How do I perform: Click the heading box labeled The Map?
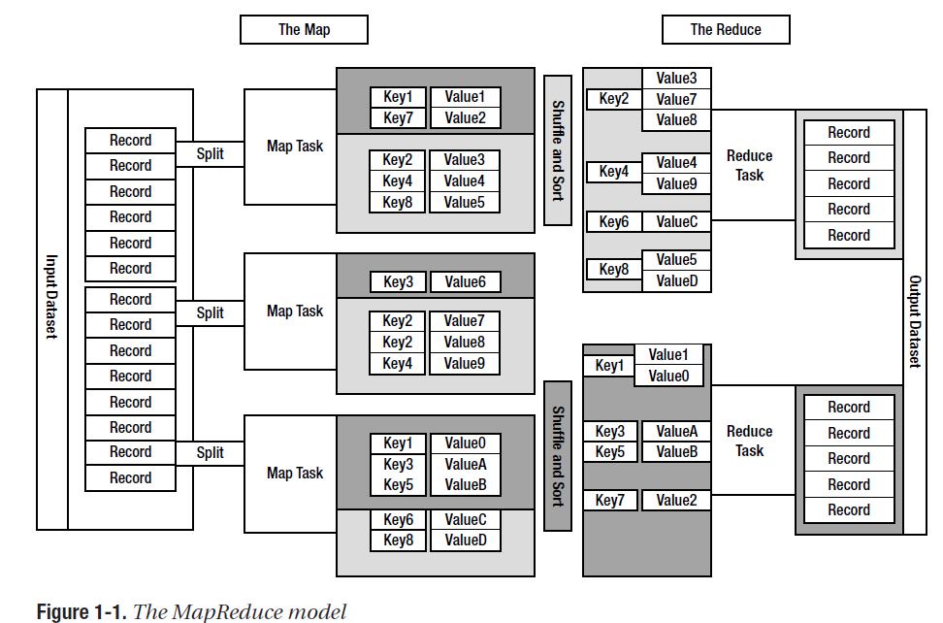304,29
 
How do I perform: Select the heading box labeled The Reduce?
725,29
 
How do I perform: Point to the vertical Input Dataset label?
51,297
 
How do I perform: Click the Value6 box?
465,282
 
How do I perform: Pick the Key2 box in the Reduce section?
613,99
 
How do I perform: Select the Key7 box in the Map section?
398,118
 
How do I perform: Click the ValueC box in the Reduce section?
676,222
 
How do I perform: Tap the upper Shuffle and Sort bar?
558,150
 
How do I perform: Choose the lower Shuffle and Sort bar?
558,455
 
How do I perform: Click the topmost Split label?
210,153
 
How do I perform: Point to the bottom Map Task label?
295,474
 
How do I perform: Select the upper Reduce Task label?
749,165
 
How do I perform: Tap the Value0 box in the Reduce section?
668,376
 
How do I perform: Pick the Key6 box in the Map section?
398,520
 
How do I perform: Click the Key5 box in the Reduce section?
610,452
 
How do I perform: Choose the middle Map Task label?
295,311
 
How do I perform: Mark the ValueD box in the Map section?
465,541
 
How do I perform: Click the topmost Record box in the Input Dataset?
130,141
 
